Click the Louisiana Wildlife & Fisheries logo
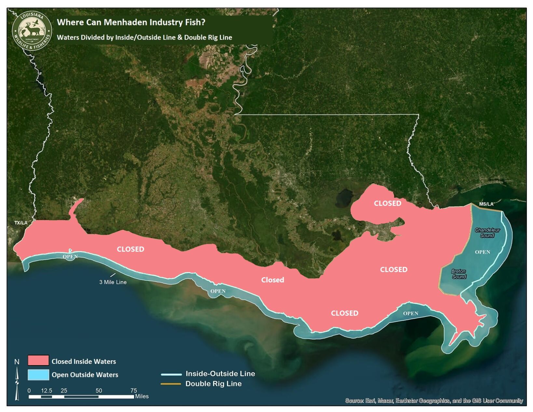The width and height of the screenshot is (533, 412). point(32,31)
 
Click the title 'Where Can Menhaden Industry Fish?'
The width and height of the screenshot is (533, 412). point(131,22)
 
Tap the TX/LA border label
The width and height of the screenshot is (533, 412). point(21,223)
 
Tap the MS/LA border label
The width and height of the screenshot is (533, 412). point(486,204)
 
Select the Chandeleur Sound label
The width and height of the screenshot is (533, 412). point(487,233)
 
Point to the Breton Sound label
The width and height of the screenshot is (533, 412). point(459,274)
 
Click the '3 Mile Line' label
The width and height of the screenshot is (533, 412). point(113,282)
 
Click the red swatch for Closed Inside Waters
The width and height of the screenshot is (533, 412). point(38,361)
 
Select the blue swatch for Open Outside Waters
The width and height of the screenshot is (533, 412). point(38,375)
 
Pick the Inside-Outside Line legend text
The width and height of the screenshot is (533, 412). point(220,374)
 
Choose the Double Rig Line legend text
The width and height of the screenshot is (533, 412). point(213,384)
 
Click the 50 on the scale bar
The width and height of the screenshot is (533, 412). point(99,391)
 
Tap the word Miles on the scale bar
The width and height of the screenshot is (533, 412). point(142,396)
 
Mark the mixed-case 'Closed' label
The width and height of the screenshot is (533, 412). point(272,280)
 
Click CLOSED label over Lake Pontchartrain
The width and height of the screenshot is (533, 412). point(387,203)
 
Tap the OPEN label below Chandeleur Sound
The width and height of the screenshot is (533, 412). point(482,252)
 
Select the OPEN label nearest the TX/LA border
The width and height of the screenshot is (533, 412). point(70,257)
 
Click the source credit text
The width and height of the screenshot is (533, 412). point(434,401)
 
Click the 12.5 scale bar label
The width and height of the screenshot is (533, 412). point(47,391)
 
